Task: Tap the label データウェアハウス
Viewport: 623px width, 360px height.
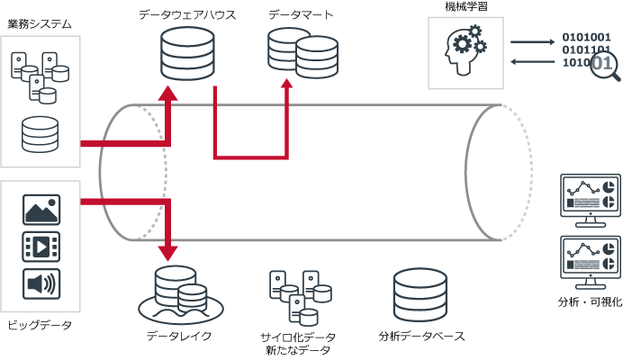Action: pyautogui.click(x=188, y=15)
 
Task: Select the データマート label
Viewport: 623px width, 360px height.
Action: pyautogui.click(x=301, y=15)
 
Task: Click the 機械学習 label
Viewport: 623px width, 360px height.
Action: pyautogui.click(x=466, y=7)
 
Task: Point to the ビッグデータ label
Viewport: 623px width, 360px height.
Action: pyautogui.click(x=39, y=324)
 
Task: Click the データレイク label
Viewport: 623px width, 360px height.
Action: pyautogui.click(x=179, y=336)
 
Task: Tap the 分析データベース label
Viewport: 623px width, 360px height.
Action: pyautogui.click(x=422, y=337)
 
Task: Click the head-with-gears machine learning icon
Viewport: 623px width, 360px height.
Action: pyautogui.click(x=465, y=51)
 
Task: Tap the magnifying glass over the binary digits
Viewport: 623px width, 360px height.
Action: pyautogui.click(x=604, y=66)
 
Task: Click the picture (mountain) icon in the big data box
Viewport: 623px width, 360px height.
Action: pyautogui.click(x=41, y=211)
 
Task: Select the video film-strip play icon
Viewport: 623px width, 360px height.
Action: pyautogui.click(x=41, y=247)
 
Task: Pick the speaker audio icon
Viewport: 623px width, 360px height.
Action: pyautogui.click(x=41, y=284)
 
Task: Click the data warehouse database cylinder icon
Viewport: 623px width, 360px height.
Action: pyautogui.click(x=187, y=55)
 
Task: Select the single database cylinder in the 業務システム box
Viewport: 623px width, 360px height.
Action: pyautogui.click(x=41, y=134)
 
